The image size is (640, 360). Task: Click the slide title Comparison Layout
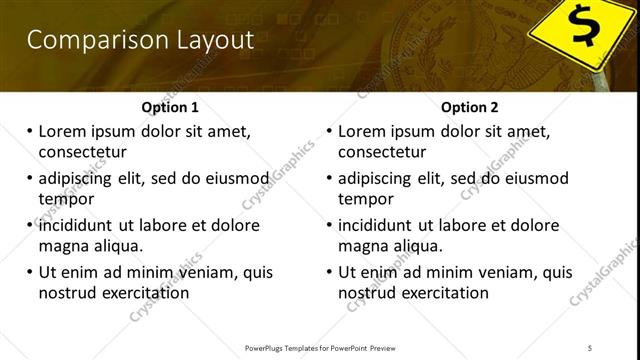(140, 40)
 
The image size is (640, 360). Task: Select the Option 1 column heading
(172, 107)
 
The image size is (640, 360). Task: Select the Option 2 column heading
(471, 107)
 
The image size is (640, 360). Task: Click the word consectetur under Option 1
(82, 152)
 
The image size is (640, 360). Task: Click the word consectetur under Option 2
(382, 152)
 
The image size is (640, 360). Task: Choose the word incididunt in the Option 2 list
(381, 225)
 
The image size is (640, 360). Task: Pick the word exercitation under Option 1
(142, 293)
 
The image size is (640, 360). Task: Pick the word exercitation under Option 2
(442, 293)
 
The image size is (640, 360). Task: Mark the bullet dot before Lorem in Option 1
(29, 131)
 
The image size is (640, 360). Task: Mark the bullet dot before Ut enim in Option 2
(329, 272)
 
